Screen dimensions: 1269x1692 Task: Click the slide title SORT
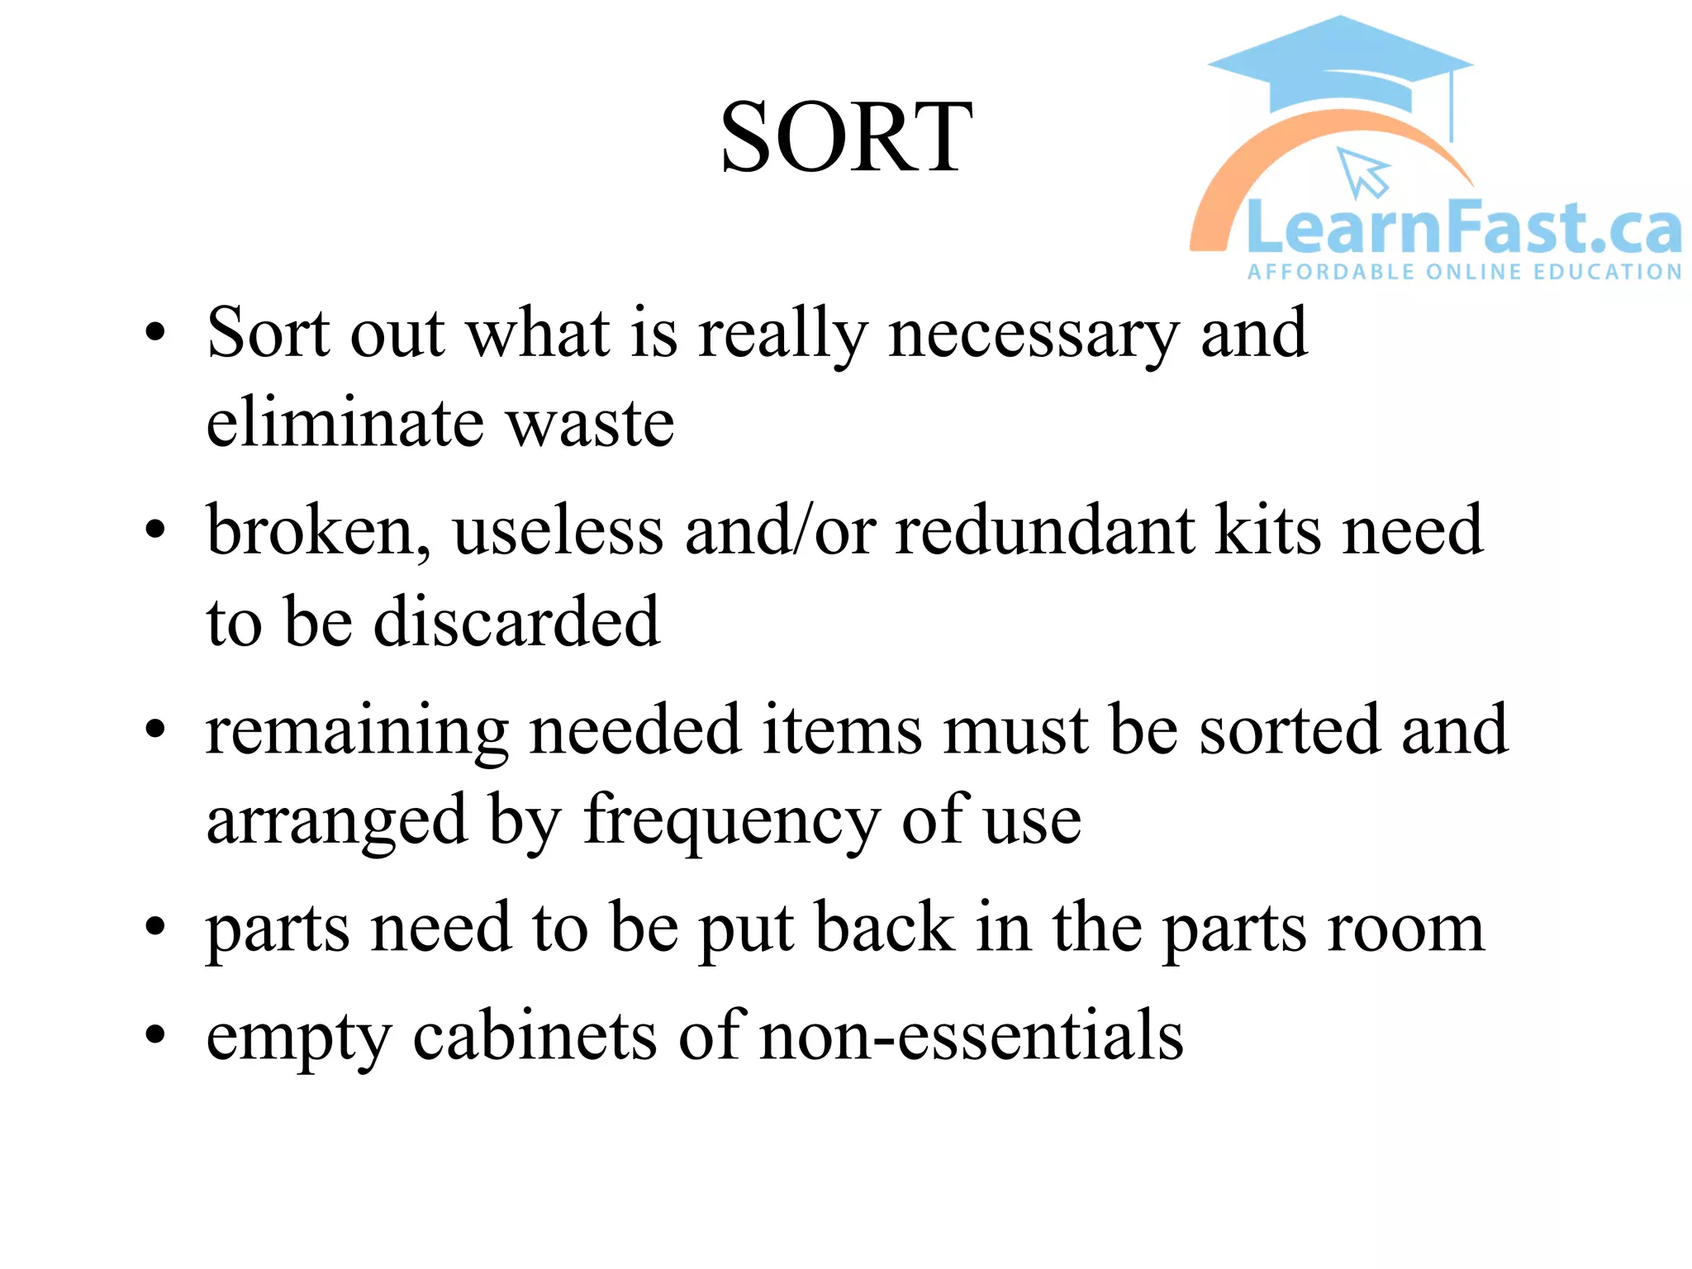(845, 137)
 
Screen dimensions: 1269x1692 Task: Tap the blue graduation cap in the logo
(1340, 66)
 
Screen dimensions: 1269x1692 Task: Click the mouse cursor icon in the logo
(1363, 172)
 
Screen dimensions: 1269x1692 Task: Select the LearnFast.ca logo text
(1463, 228)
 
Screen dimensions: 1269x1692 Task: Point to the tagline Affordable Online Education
(1464, 272)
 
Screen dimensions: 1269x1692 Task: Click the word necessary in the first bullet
(1033, 335)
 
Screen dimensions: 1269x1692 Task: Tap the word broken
(318, 530)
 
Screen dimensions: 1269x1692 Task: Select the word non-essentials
(971, 1036)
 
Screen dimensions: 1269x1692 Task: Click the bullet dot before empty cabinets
(154, 1035)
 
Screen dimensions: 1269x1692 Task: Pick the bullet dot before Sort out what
(154, 333)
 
